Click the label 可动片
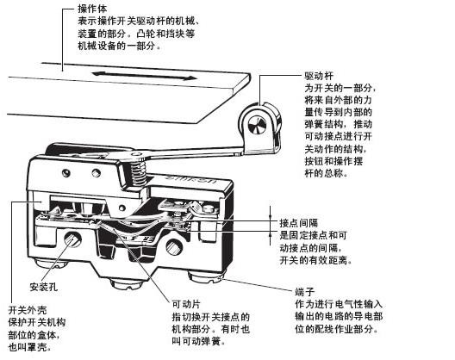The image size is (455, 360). (186, 304)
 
